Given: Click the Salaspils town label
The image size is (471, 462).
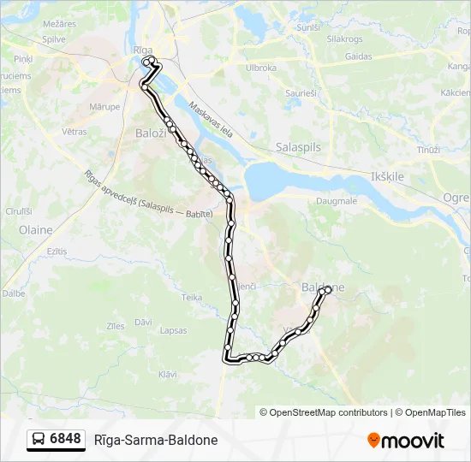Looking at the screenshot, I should point(298,147).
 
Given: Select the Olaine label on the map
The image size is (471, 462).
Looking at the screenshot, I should point(35,229).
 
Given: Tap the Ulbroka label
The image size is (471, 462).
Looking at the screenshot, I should point(261,68).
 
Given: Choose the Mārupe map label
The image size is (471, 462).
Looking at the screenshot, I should point(104,107).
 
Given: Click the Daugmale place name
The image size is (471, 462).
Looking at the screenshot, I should point(337,201).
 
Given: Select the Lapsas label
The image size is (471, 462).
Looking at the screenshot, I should point(172,330).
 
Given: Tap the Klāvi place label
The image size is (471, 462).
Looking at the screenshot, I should point(168,374).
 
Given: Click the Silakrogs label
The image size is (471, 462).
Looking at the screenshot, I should point(344,39).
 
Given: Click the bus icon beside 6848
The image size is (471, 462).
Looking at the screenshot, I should point(39,440).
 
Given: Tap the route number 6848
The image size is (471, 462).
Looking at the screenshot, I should point(65,440).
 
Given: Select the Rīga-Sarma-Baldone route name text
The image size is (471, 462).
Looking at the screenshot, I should point(156,440).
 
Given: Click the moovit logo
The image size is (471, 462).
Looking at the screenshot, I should point(406,441).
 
